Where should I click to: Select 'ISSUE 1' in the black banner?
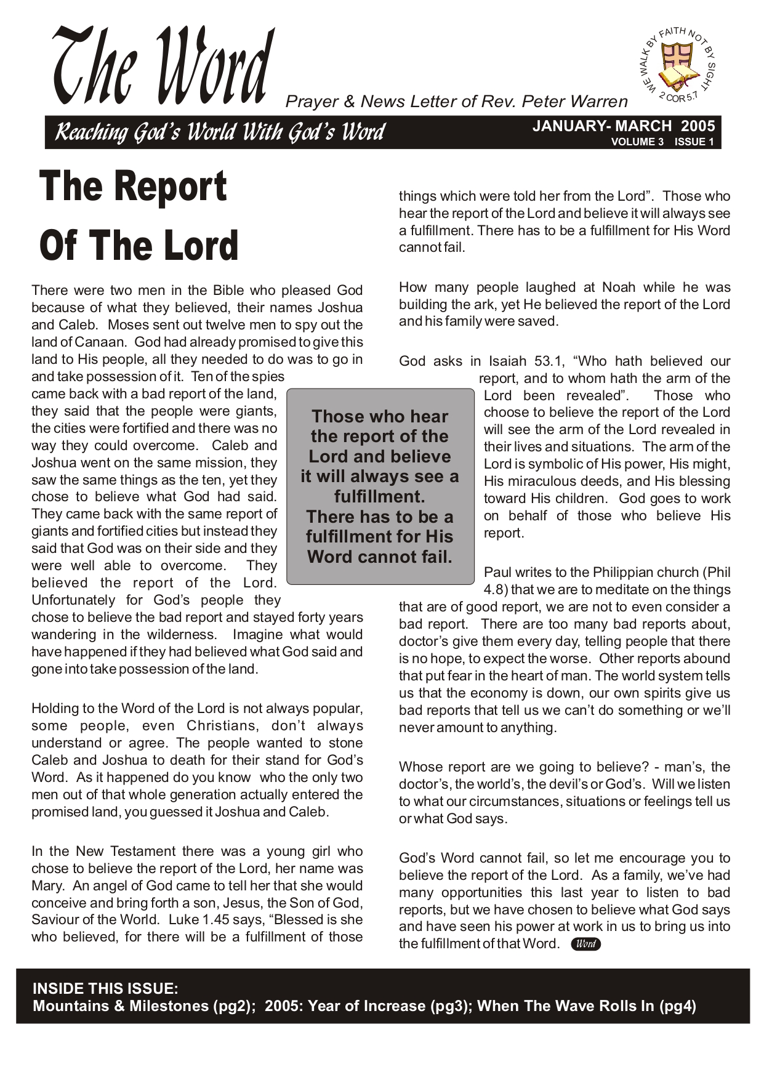[694, 142]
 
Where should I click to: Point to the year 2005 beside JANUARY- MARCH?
[698, 126]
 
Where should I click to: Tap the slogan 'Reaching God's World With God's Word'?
[220, 132]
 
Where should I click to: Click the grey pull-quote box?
[380, 486]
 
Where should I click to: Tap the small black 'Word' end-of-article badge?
[585, 944]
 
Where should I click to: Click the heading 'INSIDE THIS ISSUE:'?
[105, 988]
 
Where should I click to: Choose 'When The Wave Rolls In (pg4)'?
[586, 1006]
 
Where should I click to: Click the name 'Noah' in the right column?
[619, 287]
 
